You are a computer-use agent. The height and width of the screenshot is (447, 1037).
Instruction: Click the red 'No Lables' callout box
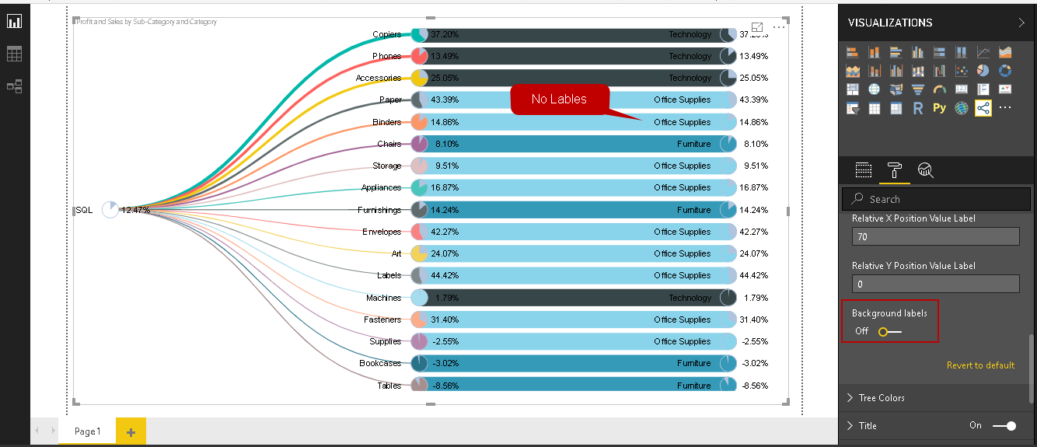click(559, 100)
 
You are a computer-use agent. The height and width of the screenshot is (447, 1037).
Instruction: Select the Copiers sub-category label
click(386, 34)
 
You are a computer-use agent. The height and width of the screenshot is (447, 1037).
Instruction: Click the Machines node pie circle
click(419, 298)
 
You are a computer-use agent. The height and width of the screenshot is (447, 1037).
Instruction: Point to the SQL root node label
click(84, 210)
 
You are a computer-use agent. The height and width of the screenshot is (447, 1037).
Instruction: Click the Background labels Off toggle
click(890, 332)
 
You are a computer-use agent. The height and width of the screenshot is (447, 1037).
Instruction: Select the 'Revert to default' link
click(980, 365)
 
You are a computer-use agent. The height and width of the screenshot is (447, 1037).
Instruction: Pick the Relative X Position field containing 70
click(935, 236)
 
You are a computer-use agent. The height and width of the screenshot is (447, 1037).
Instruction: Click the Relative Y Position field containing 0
click(935, 284)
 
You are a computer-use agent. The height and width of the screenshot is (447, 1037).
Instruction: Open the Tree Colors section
click(882, 398)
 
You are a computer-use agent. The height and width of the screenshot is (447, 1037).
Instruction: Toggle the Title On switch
click(1004, 426)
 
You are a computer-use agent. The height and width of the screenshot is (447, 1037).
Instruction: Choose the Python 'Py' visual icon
click(939, 108)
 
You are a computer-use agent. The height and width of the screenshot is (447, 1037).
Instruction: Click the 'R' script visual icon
click(918, 108)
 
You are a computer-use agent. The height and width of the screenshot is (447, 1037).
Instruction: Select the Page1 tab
click(87, 431)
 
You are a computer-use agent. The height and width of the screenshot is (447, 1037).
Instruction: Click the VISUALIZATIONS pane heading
click(890, 23)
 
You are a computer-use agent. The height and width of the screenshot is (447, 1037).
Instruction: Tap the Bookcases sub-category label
click(380, 363)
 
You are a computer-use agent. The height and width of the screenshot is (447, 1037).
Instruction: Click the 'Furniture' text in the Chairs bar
click(693, 144)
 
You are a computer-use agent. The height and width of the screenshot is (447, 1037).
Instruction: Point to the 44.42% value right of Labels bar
click(754, 275)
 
